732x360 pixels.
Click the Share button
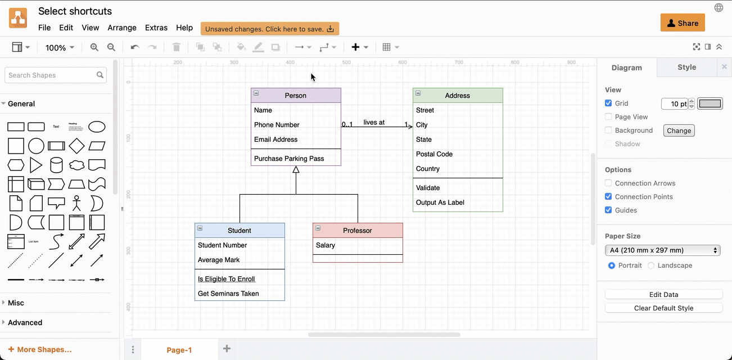pos(683,23)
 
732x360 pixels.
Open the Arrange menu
pos(122,28)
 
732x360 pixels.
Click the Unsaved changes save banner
pos(269,29)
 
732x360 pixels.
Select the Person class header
pos(296,96)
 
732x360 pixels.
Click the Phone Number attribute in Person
pos(277,125)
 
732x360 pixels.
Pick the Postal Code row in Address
pos(434,154)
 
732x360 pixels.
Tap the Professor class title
pos(358,231)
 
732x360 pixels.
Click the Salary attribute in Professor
pos(326,245)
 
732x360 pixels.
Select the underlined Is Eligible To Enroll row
pos(227,279)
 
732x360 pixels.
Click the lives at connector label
pos(374,122)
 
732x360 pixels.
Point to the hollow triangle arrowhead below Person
pos(296,169)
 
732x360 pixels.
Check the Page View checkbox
pos(608,117)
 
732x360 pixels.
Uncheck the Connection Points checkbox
pos(608,197)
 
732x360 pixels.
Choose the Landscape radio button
pos(651,265)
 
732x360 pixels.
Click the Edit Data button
pos(663,295)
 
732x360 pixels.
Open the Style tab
pos(686,67)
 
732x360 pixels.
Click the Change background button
pos(679,130)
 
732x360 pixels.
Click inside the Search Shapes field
pos(51,75)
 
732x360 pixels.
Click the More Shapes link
pos(40,349)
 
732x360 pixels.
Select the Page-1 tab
pos(179,350)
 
